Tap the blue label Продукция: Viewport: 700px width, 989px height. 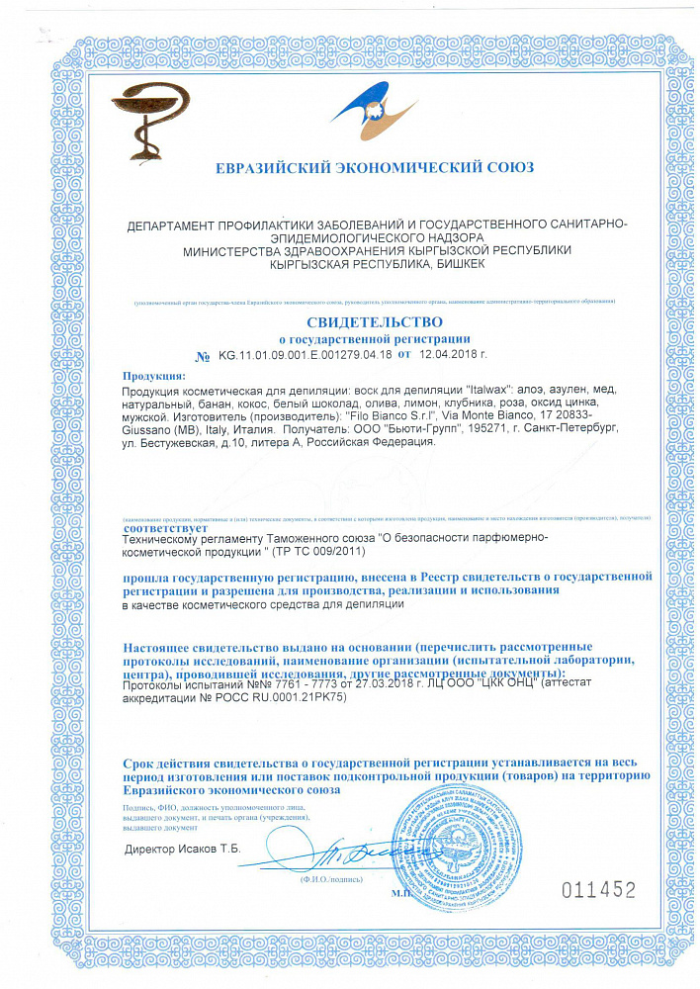pos(153,377)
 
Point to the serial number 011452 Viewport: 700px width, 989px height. pos(598,889)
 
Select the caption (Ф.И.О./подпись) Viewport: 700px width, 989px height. pos(327,877)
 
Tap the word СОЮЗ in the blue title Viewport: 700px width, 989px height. pos(508,168)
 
